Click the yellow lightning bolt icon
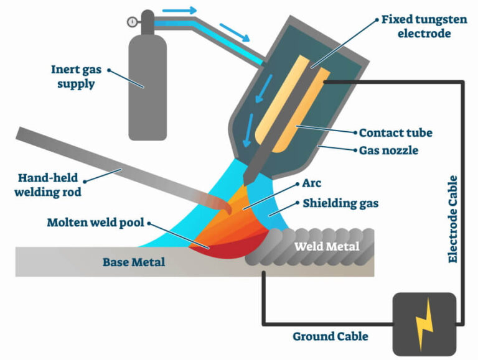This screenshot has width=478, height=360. pos(424,324)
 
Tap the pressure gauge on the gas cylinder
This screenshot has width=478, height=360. pos(133,21)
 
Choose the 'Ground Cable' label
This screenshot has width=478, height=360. pos(330,336)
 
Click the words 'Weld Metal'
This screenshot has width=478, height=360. pos(327,247)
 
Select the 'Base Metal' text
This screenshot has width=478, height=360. pos(134,262)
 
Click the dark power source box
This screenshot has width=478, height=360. pos(424,324)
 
